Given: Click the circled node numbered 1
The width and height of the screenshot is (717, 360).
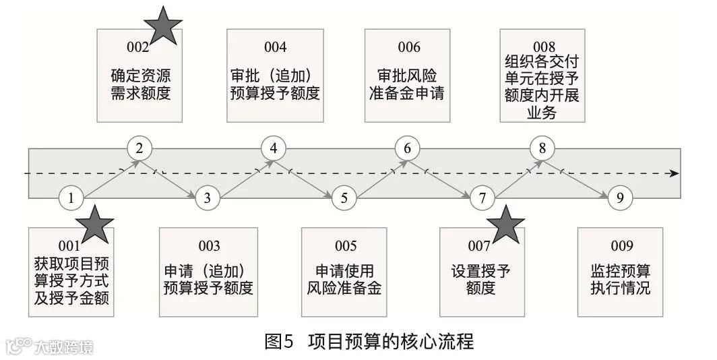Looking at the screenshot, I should [71, 198].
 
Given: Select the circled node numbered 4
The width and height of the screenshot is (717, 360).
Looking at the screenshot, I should [273, 148].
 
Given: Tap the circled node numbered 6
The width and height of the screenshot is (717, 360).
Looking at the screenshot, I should [407, 148].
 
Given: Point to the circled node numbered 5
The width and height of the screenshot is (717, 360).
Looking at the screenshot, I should [344, 198].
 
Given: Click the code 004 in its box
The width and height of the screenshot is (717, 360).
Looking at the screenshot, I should [275, 47].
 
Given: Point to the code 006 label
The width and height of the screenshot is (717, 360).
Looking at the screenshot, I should [408, 47].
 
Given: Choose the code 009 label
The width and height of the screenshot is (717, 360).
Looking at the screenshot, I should [620, 246].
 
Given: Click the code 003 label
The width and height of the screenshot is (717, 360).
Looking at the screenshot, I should [208, 246].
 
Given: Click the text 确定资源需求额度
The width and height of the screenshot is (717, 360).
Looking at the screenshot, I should [139, 84].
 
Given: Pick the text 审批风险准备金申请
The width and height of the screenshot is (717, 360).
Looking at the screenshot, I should [407, 84].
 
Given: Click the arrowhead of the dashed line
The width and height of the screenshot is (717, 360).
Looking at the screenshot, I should [674, 173].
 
